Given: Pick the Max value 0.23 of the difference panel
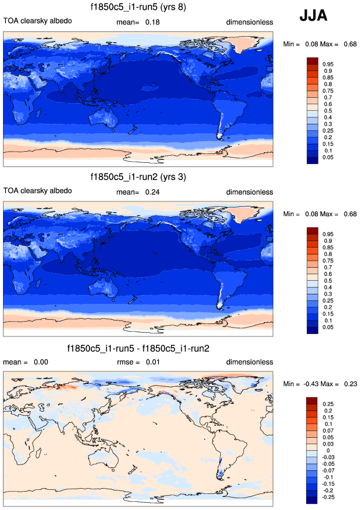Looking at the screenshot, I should click(x=346, y=383).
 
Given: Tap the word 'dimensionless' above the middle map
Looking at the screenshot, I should click(x=249, y=192).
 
